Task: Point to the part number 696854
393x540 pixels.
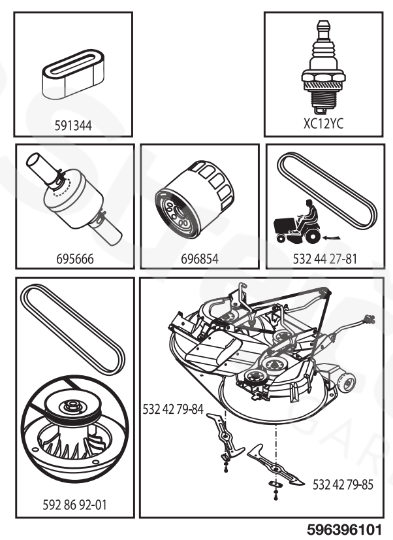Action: pos(199,258)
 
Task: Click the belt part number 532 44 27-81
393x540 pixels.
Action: pos(323,258)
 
